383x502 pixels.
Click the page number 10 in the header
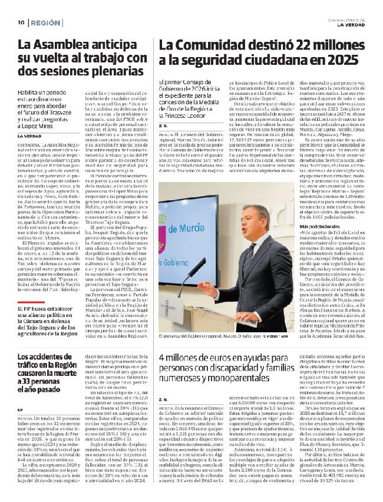[x=21, y=22]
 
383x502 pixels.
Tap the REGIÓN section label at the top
[x=45, y=22]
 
